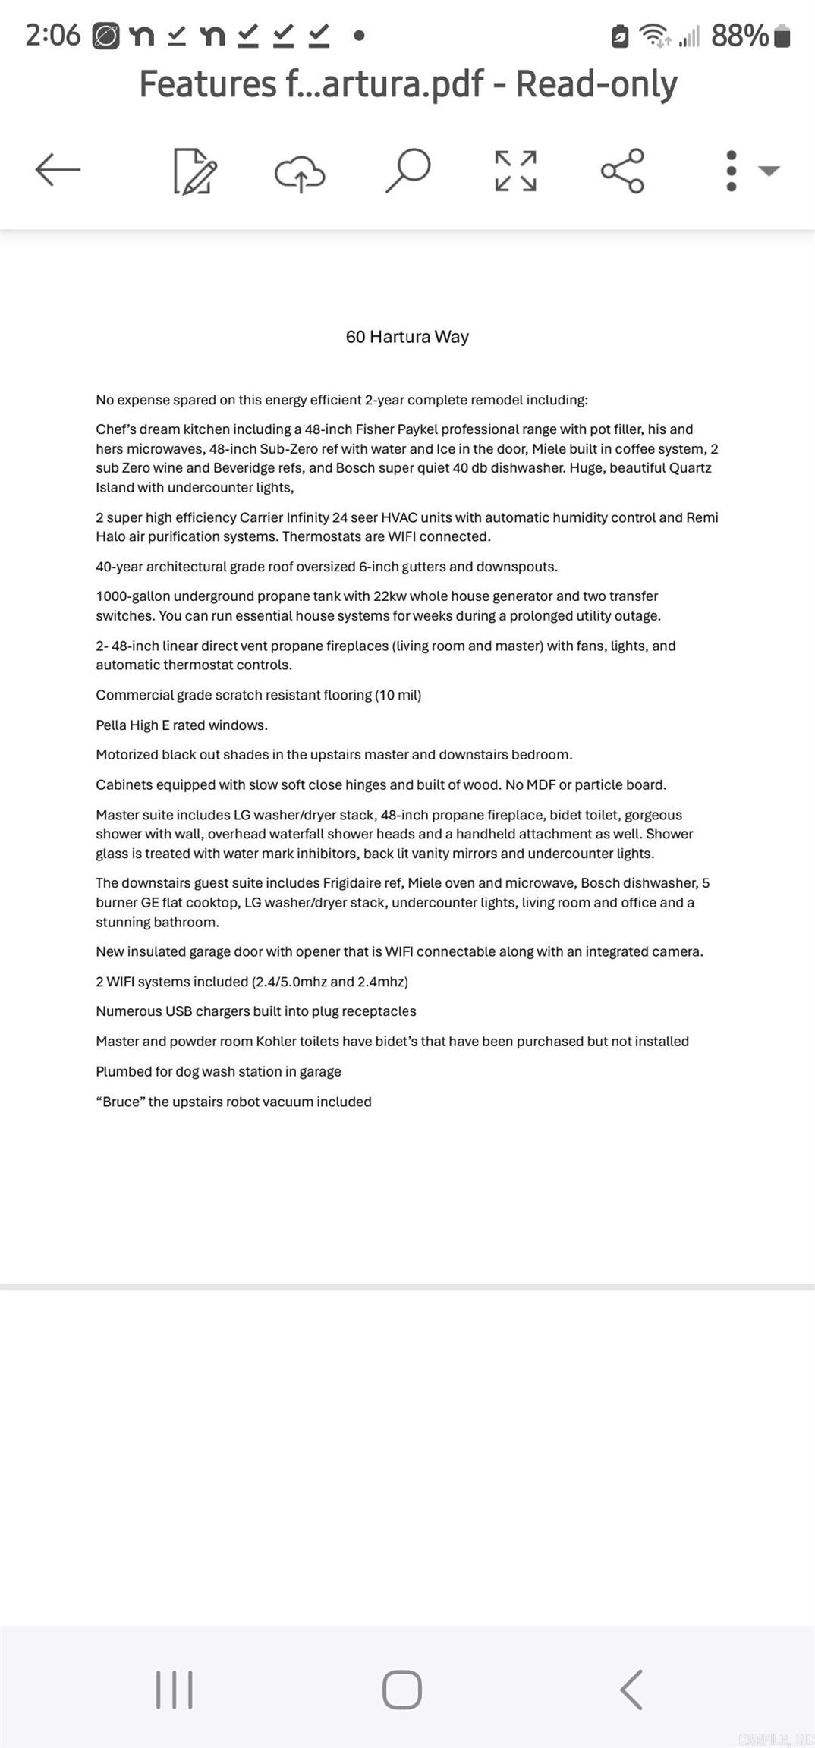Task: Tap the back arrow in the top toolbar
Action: tap(58, 169)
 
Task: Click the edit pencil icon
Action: tap(195, 171)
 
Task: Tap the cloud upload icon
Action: tap(300, 172)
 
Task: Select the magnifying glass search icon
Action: tap(407, 170)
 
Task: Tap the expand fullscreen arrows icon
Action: tap(515, 171)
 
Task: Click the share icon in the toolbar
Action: tap(622, 171)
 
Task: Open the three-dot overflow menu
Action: tap(732, 171)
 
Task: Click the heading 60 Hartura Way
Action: tap(407, 337)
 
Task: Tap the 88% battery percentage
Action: tap(739, 36)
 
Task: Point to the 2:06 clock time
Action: tap(52, 36)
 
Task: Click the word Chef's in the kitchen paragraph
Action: tap(115, 429)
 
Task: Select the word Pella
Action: tap(112, 725)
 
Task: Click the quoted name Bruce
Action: tap(121, 1102)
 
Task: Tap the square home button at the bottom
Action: tap(401, 1690)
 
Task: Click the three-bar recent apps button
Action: tap(174, 1690)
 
